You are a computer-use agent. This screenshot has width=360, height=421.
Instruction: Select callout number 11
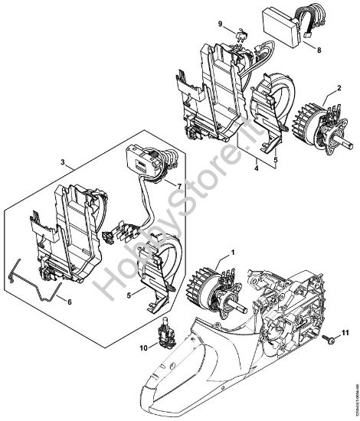click(x=344, y=334)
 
